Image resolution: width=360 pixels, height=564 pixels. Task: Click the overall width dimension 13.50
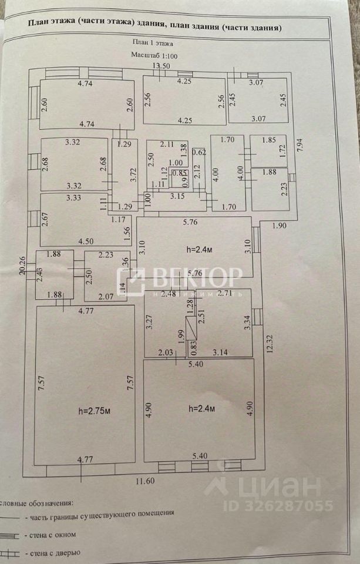coord(162,66)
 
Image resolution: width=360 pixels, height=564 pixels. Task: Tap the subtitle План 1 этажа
coord(153,42)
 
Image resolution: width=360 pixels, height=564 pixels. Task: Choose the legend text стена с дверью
coord(60,553)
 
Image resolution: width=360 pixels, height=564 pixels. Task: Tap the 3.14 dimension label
coord(220,353)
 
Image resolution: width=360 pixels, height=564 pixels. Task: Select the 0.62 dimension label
coord(200,152)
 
